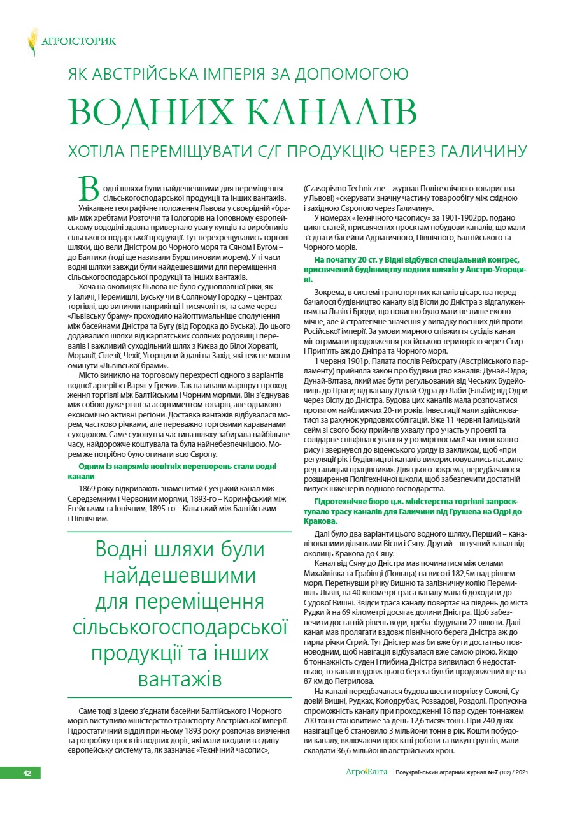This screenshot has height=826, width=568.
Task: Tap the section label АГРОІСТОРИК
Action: click(78, 41)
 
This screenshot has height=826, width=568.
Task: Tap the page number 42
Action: click(27, 773)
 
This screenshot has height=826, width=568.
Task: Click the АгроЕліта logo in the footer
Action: click(366, 772)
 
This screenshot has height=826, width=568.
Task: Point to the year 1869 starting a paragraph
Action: click(89, 488)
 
